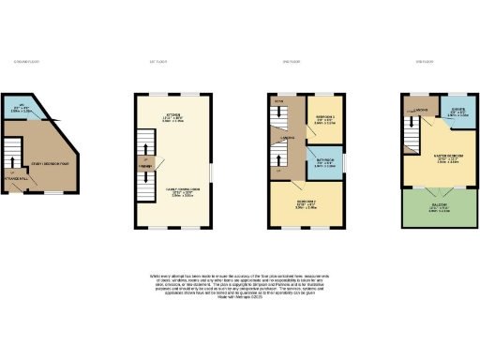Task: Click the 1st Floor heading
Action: point(158,62)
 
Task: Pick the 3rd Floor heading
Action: point(424,62)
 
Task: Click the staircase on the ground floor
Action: point(13,155)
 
